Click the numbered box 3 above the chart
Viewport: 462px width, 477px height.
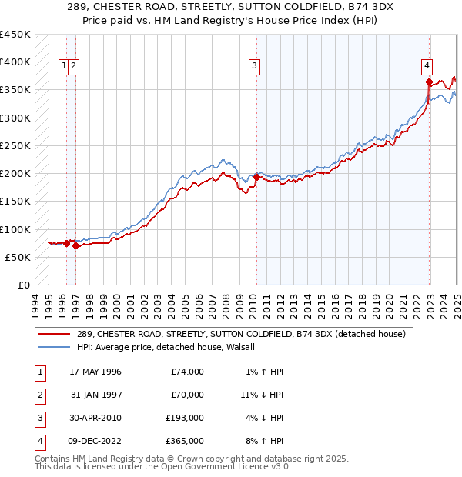tap(254, 66)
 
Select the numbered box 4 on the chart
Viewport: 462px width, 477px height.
tap(427, 66)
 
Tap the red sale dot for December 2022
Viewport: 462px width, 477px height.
tap(429, 82)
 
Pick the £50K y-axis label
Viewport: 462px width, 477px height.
tap(18, 257)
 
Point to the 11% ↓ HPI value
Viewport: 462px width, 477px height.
tap(262, 395)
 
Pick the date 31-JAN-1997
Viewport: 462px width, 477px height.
tap(95, 395)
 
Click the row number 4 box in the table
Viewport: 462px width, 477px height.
tap(39, 441)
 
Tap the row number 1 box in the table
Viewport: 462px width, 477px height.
tap(39, 372)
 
